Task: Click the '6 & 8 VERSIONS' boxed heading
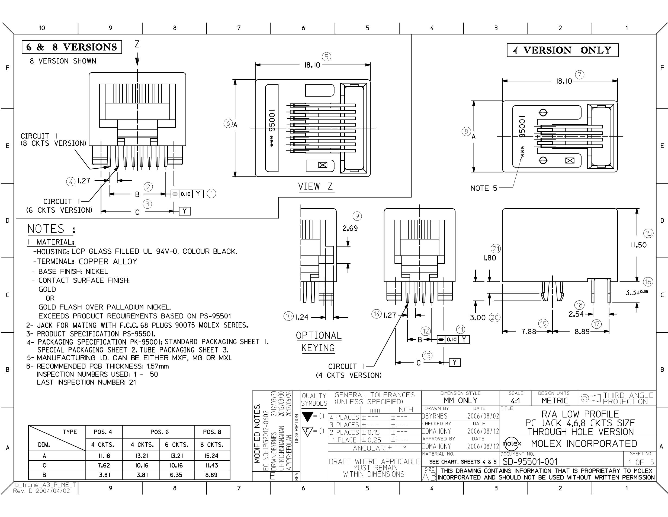click(72, 47)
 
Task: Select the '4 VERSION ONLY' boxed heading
click(563, 50)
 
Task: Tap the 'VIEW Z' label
click(315, 187)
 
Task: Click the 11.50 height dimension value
click(638, 245)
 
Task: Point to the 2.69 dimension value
click(350, 228)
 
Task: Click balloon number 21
click(496, 249)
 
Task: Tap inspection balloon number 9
click(357, 216)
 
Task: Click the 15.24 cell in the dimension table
click(212, 456)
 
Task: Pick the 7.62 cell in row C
click(104, 465)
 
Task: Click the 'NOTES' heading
click(46, 229)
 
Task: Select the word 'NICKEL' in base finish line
click(97, 271)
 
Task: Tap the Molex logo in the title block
click(512, 443)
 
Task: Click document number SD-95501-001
click(530, 462)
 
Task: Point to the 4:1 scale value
click(515, 401)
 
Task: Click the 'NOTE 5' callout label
click(484, 188)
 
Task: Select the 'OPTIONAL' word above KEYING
click(318, 336)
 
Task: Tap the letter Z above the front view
click(137, 45)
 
